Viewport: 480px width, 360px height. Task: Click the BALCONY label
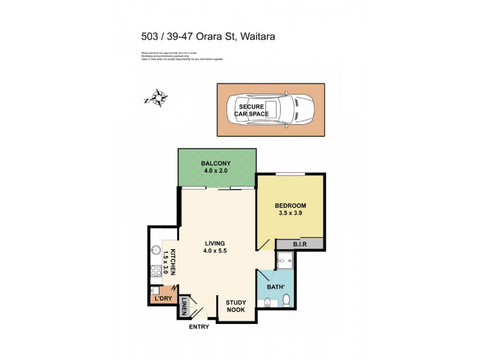(x=216, y=163)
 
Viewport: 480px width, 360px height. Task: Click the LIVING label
(x=214, y=243)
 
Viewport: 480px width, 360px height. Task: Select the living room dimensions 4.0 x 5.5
(x=214, y=251)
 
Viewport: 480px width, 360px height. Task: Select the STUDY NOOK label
(x=236, y=307)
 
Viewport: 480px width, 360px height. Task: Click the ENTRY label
(x=199, y=327)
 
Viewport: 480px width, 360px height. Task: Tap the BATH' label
(x=275, y=286)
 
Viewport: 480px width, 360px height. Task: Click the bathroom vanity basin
(x=268, y=302)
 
